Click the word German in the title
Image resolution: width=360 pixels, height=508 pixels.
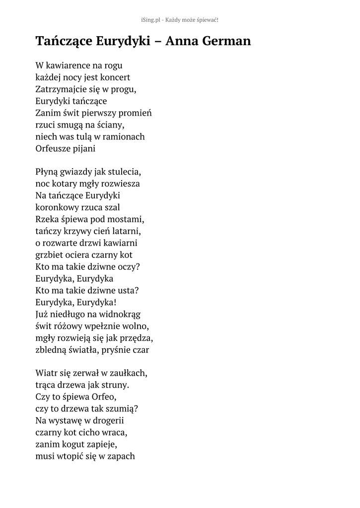click(x=226, y=41)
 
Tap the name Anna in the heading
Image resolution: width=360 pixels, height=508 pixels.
click(x=181, y=41)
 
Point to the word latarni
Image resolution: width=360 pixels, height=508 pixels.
click(x=127, y=231)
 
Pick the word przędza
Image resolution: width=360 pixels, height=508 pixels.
click(x=136, y=338)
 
